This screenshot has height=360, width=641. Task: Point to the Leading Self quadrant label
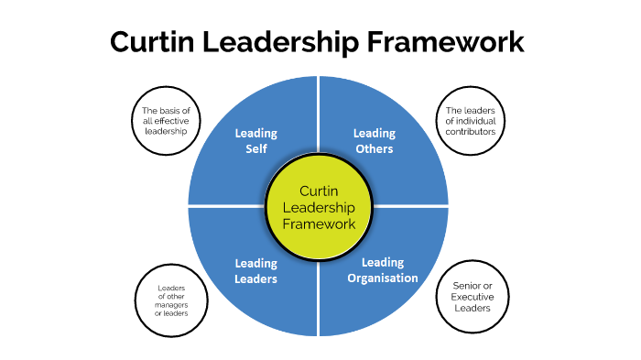pyautogui.click(x=256, y=141)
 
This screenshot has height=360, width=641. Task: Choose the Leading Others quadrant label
pyautogui.click(x=374, y=141)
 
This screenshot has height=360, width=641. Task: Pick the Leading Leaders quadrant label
pyautogui.click(x=256, y=271)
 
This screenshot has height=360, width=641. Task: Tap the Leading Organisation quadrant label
pyautogui.click(x=384, y=271)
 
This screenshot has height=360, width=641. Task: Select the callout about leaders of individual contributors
pyautogui.click(x=470, y=119)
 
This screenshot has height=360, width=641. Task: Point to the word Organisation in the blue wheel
pyautogui.click(x=384, y=278)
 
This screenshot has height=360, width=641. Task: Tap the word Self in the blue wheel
pyautogui.click(x=256, y=148)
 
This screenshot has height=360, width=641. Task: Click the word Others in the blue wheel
pyautogui.click(x=374, y=148)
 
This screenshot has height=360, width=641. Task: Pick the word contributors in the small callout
pyautogui.click(x=471, y=131)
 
